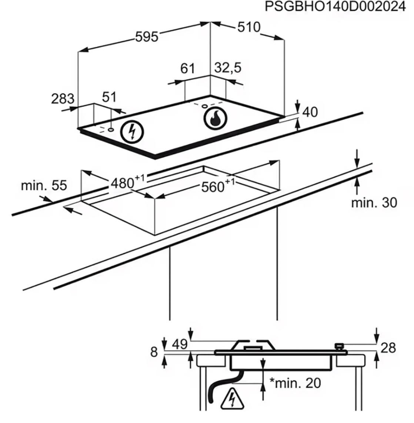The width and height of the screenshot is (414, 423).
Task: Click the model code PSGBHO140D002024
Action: (x=335, y=7)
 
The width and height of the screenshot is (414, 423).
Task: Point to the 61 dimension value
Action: (x=188, y=69)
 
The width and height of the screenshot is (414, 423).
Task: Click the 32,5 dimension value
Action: (x=228, y=68)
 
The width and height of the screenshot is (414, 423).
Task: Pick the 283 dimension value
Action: (x=63, y=99)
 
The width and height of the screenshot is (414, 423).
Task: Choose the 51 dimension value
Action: (x=109, y=97)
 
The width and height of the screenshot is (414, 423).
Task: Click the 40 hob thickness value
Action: (x=310, y=111)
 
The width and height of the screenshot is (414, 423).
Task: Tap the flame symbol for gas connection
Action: (x=215, y=119)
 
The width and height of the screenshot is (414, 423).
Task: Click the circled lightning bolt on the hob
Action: (x=132, y=131)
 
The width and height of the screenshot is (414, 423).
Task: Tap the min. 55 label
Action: (x=44, y=185)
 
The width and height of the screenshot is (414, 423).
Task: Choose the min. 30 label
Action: (x=374, y=202)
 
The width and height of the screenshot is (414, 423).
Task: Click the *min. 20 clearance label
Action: (x=295, y=383)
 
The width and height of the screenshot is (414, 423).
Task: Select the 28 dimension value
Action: (x=388, y=348)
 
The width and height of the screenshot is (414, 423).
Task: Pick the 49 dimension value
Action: (x=180, y=344)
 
